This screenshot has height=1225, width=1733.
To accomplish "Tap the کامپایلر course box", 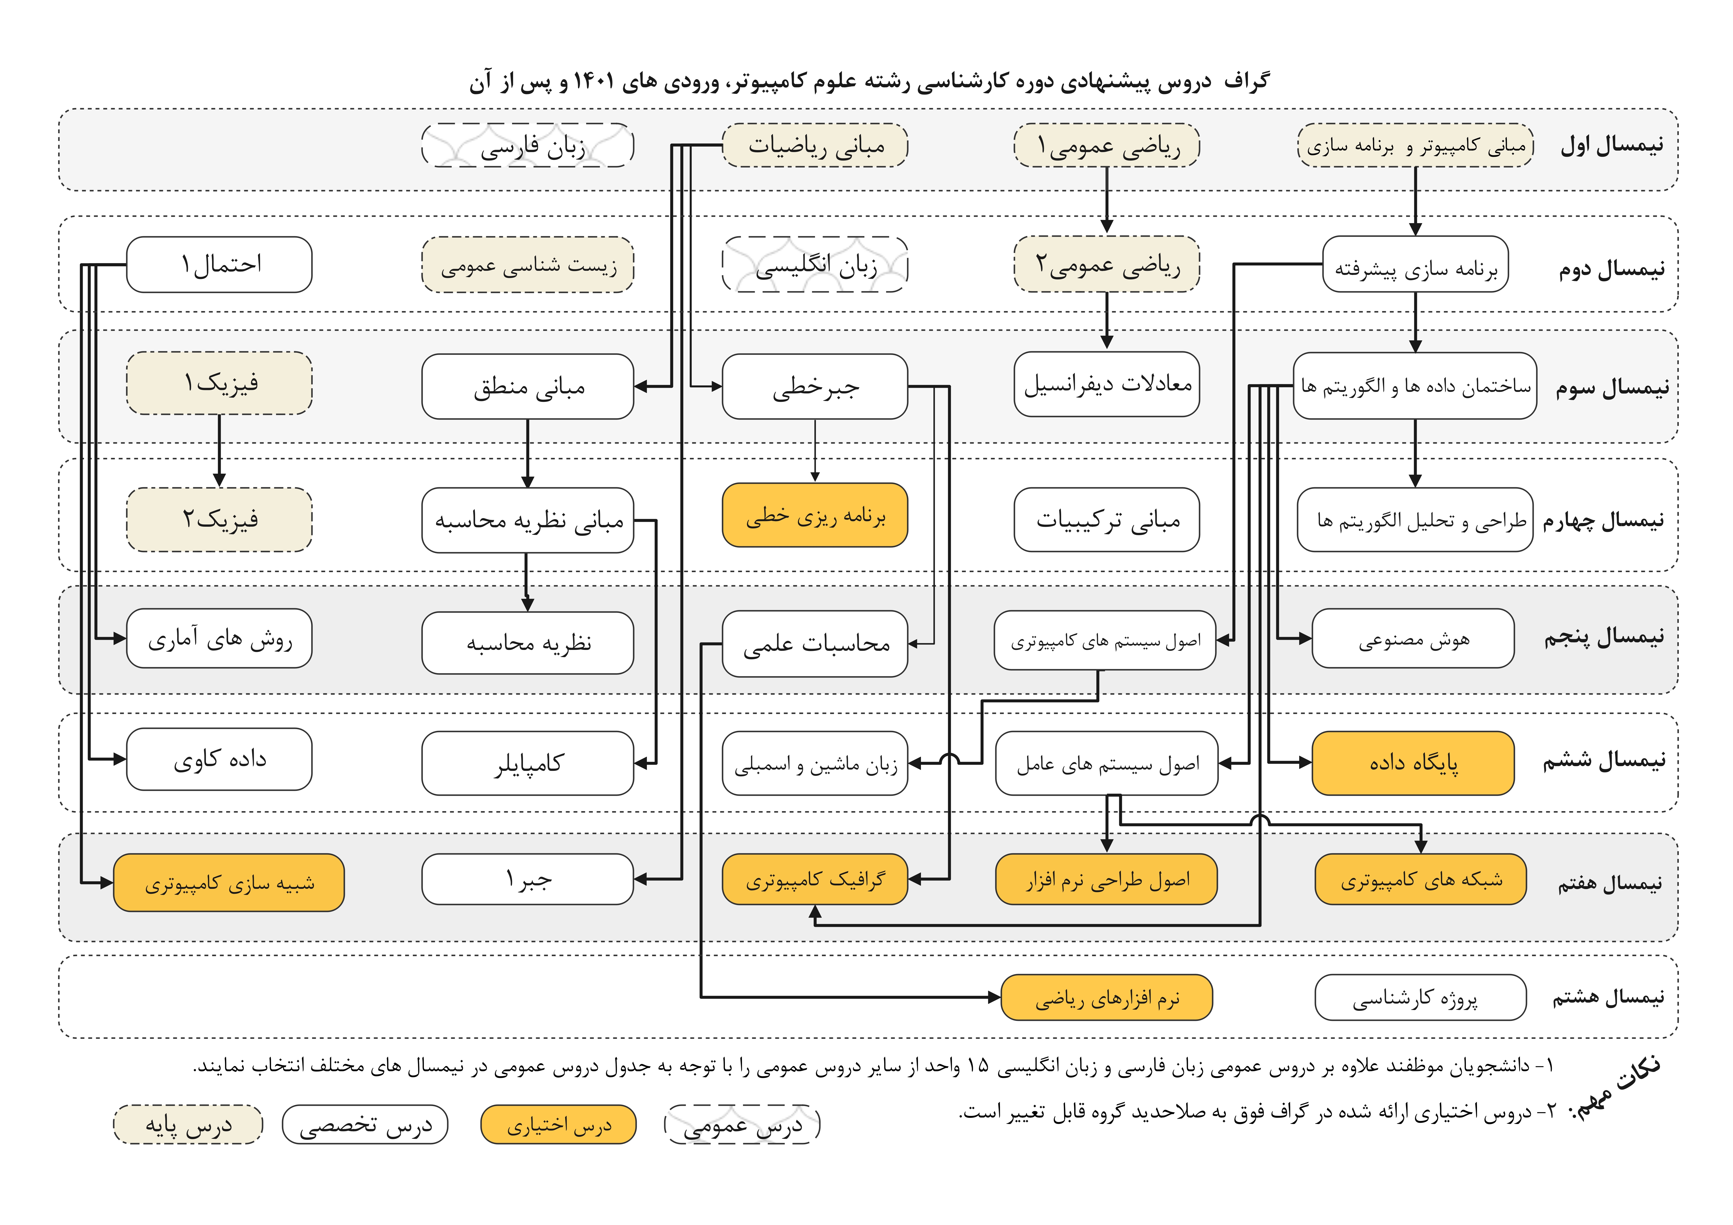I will point(528,763).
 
